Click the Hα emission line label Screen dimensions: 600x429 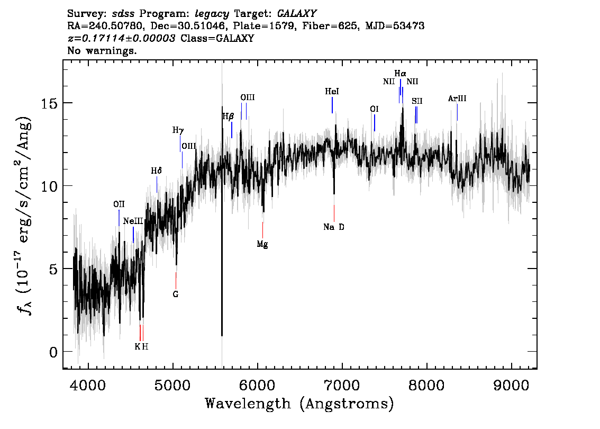tap(400, 73)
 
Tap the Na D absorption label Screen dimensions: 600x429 tap(334, 227)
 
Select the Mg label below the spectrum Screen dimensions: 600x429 tap(262, 244)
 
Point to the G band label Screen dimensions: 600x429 tap(176, 294)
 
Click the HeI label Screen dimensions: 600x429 tap(332, 92)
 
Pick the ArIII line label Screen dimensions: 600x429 tap(457, 99)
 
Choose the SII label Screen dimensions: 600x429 tap(417, 101)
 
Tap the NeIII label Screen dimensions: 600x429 tap(133, 221)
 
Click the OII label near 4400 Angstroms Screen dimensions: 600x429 tap(119, 204)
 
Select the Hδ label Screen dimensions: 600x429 tap(156, 171)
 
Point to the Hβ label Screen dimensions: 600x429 tap(228, 117)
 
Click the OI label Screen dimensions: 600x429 tap(374, 109)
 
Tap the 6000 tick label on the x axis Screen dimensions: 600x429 tap(257, 385)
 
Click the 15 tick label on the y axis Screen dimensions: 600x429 tap(49, 103)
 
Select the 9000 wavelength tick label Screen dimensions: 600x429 tap(511, 385)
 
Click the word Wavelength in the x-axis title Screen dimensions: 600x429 tap(248, 404)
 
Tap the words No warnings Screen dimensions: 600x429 tap(102, 50)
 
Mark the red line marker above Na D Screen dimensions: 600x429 tap(334, 213)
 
